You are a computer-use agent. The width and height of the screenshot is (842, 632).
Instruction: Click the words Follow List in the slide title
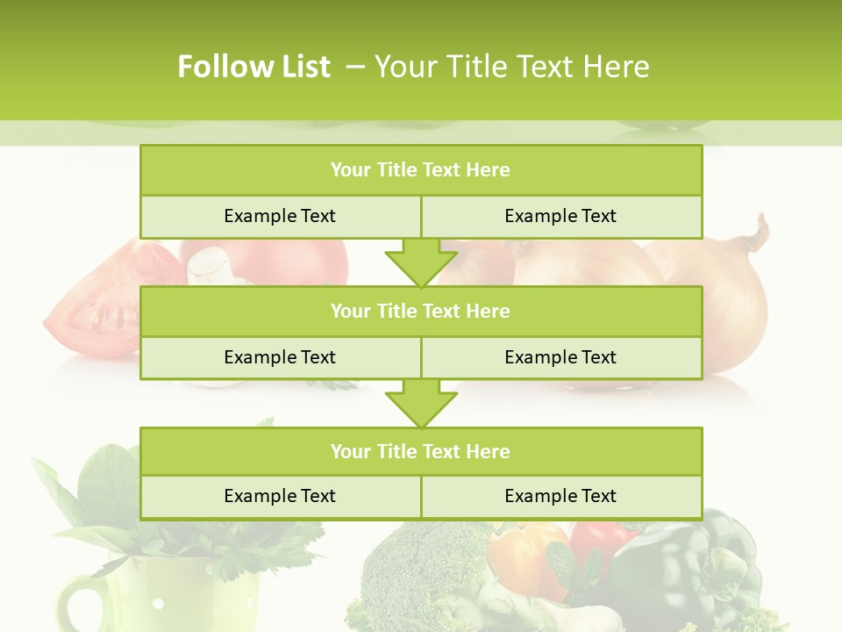(x=253, y=67)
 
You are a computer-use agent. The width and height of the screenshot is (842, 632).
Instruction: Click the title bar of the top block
(x=420, y=170)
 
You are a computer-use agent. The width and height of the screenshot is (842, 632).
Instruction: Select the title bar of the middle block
(x=420, y=311)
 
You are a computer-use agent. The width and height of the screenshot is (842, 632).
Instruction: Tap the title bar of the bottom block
(x=420, y=451)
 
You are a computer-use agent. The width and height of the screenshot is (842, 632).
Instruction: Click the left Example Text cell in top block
(x=280, y=216)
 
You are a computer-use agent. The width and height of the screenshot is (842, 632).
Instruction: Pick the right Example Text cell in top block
(x=560, y=216)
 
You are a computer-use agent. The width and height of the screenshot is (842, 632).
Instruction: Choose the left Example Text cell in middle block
(x=280, y=357)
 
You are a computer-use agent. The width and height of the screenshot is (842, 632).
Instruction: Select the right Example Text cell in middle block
(x=560, y=357)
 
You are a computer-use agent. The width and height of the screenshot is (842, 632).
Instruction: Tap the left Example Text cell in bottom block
(x=280, y=496)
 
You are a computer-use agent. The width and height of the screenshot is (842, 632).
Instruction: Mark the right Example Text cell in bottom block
(x=560, y=496)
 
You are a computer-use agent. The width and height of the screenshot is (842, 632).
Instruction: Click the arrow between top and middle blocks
(x=421, y=262)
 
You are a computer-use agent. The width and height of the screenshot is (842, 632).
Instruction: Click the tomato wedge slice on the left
(x=92, y=307)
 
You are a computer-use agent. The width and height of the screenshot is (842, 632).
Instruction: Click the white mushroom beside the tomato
(x=208, y=265)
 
